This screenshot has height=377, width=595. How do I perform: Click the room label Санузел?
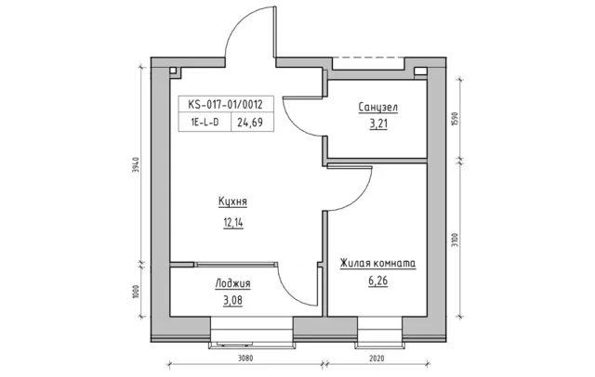click(x=378, y=107)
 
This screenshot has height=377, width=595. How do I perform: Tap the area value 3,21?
click(x=378, y=123)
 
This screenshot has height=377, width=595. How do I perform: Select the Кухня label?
click(x=232, y=201)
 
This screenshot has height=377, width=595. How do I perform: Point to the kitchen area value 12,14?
click(x=233, y=223)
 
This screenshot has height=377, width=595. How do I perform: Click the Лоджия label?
click(x=232, y=283)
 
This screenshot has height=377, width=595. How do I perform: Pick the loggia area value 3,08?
click(x=233, y=301)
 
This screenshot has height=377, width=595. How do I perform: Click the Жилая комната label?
click(x=377, y=263)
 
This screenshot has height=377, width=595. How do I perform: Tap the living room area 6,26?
click(x=378, y=280)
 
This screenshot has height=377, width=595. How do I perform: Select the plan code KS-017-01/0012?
click(x=225, y=104)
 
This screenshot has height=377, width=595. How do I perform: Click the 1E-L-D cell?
click(x=205, y=122)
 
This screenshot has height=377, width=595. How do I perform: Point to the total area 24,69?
click(x=250, y=122)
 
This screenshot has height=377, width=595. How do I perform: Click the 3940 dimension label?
click(x=138, y=164)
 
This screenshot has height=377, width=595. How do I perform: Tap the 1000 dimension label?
click(x=138, y=292)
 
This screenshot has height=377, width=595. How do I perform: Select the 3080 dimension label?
click(x=245, y=358)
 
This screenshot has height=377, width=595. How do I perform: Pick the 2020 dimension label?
click(x=377, y=358)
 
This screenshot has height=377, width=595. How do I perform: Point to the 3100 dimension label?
click(x=456, y=240)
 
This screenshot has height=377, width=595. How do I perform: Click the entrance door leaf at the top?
click(x=275, y=32)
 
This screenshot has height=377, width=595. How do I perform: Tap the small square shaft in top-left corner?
click(x=173, y=71)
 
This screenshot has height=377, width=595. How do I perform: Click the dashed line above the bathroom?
click(x=368, y=58)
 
